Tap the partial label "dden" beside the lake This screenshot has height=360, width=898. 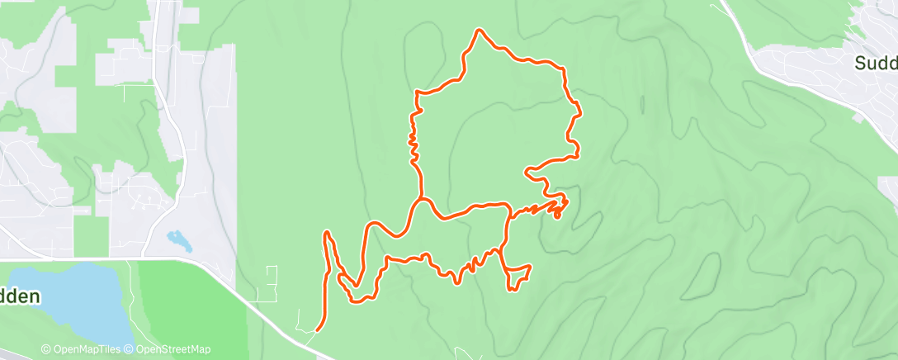coord(20,296)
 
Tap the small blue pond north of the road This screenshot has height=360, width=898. coord(179,240)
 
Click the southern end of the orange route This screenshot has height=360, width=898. coord(318,330)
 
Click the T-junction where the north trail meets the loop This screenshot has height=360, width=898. coord(421,199)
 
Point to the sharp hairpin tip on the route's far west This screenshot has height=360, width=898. coord(328,234)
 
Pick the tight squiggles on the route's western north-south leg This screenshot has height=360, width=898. coord(412,144)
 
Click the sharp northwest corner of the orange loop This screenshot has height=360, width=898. coord(418,93)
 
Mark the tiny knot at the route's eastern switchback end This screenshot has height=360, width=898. coord(558,216)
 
